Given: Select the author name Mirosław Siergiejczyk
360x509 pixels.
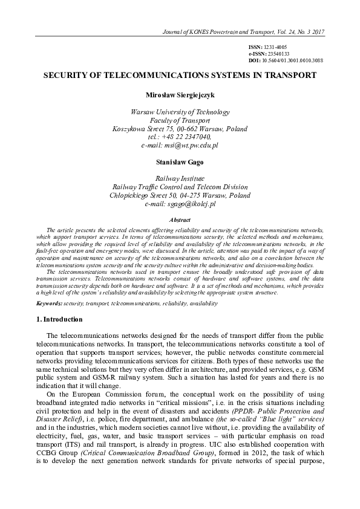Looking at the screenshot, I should click(x=180, y=95).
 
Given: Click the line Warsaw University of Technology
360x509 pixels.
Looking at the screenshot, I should click(x=180, y=112).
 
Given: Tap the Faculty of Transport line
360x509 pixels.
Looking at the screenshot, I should click(x=180, y=120).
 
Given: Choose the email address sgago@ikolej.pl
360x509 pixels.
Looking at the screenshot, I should click(x=193, y=204).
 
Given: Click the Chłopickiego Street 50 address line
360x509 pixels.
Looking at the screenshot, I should click(x=180, y=196).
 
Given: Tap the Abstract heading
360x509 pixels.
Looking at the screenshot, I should click(x=180, y=221).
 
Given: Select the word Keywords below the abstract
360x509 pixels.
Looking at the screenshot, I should click(x=48, y=302).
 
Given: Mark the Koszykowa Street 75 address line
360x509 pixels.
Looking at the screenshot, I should click(x=180, y=129).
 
